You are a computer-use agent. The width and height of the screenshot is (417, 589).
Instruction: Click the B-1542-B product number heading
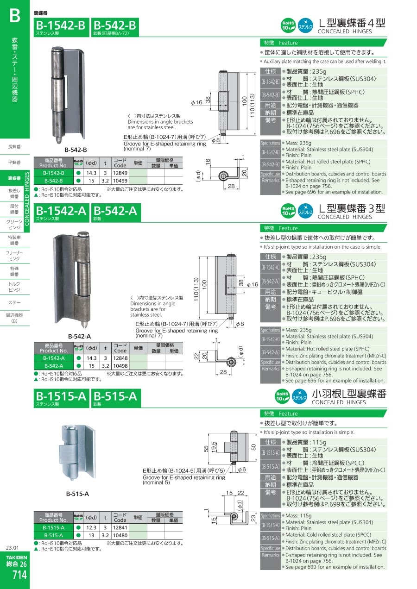61,25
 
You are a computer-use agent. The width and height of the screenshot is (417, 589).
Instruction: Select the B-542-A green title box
116,213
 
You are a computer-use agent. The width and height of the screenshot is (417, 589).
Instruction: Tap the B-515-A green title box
116,398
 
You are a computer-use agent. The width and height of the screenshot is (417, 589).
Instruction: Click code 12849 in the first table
120,173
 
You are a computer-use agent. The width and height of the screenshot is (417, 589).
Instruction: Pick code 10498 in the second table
120,366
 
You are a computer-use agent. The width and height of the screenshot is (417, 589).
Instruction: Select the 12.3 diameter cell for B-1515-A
91,527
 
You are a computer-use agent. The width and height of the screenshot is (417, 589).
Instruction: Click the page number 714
20,575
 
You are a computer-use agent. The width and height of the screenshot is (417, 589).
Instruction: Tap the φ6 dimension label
241,470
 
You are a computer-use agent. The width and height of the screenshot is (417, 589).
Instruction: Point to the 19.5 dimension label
214,447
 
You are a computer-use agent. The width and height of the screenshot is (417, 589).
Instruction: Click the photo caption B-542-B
76,150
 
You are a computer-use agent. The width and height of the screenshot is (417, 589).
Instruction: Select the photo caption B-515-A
77,494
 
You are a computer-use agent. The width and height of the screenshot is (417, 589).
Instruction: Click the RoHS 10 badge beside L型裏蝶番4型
288,25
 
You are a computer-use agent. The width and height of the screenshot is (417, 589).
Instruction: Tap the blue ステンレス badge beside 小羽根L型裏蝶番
300,396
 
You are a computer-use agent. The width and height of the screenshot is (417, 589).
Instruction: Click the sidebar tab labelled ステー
14,303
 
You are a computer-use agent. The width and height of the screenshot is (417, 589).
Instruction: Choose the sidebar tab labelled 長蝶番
14,147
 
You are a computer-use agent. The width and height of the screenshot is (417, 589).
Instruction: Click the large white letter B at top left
14,16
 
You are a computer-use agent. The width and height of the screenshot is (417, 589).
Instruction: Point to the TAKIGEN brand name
17,558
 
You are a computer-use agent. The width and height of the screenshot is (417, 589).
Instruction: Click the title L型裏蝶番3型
352,208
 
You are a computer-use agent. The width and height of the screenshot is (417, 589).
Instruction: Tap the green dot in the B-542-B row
78,181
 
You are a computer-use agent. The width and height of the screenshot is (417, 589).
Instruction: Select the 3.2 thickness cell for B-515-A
105,535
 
